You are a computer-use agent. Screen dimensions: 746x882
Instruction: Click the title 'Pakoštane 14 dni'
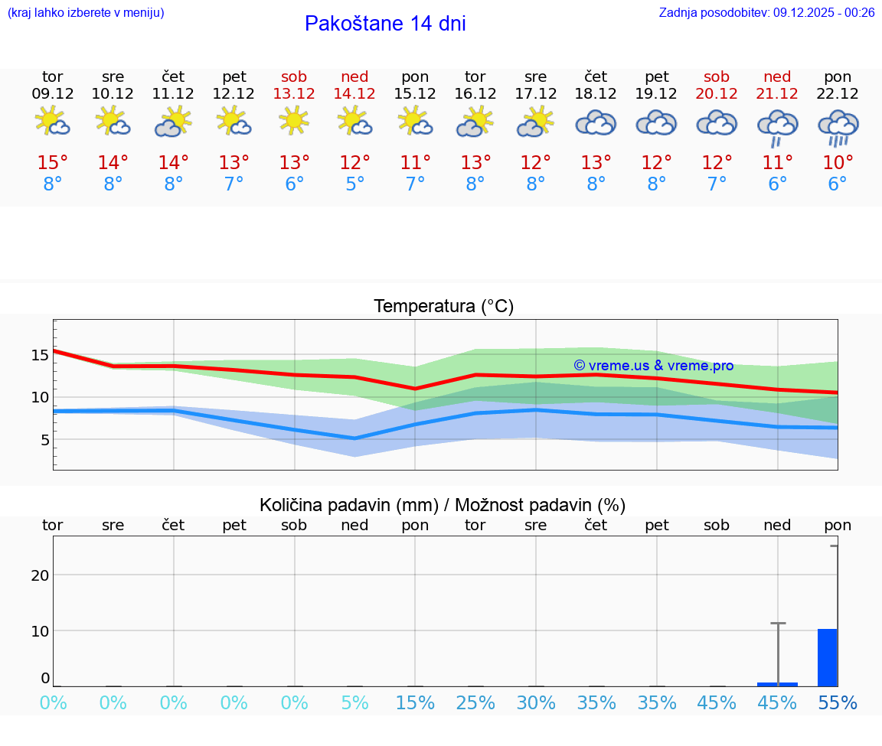[x=385, y=24]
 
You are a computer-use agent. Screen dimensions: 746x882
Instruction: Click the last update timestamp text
[x=766, y=12]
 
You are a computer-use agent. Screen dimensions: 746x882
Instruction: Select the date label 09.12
[x=52, y=94]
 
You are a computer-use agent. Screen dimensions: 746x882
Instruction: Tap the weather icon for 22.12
[x=838, y=127]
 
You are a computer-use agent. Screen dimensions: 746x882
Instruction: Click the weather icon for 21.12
[x=777, y=127]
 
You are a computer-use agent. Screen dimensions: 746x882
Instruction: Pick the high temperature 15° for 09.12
[x=52, y=163]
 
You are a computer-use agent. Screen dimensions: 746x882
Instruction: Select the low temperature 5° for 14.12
[x=354, y=184]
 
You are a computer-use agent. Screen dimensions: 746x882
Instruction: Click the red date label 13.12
[x=294, y=94]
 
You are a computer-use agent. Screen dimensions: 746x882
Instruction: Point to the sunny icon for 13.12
[x=294, y=121]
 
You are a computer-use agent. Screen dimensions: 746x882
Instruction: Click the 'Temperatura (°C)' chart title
[x=443, y=307]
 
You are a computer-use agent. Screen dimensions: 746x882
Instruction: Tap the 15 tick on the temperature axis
[x=40, y=355]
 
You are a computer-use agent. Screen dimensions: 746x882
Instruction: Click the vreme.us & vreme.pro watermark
[x=653, y=366]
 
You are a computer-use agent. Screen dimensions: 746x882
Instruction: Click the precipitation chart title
[x=443, y=505]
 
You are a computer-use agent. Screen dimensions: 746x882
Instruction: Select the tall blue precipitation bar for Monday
[x=827, y=658]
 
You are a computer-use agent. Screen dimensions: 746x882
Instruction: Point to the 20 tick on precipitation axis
[x=40, y=575]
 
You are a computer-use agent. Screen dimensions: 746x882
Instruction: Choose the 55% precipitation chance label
[x=838, y=703]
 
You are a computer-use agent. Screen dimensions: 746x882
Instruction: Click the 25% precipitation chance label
[x=475, y=703]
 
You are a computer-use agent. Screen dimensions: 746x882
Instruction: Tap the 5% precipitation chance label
[x=354, y=703]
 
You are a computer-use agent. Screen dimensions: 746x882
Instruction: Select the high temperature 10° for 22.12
[x=838, y=163]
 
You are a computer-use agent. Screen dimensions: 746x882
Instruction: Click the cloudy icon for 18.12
[x=596, y=122]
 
